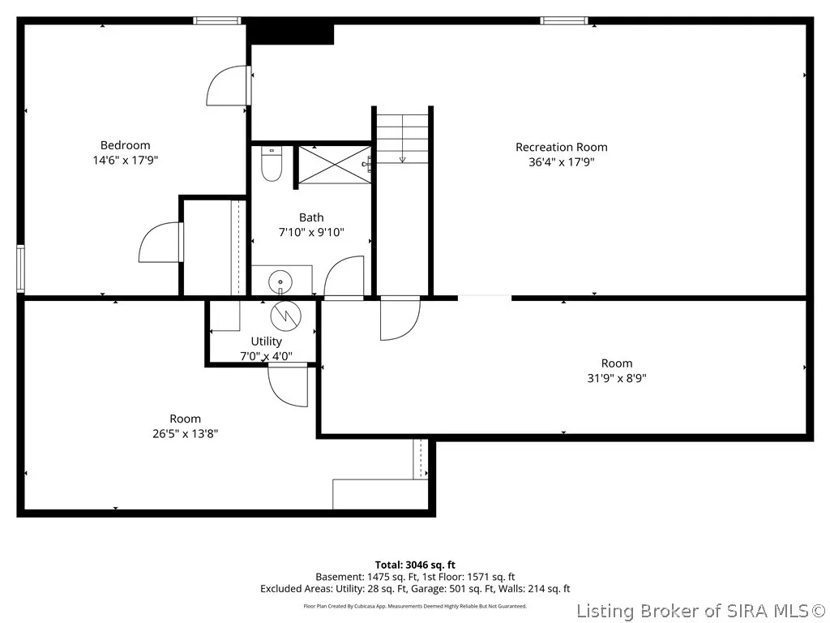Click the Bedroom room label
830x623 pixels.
coord(126,145)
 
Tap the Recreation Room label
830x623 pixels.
coord(562,148)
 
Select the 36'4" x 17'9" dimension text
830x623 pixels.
coord(562,162)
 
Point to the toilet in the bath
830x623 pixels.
coord(272,164)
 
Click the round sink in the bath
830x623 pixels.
coord(280,281)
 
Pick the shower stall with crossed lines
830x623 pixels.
coord(335,165)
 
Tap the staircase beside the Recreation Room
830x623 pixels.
coord(402,137)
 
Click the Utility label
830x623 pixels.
coord(266,342)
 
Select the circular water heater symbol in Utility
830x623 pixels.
coord(286,316)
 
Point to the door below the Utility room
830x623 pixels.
coord(288,385)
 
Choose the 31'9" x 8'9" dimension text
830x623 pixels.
coord(617,378)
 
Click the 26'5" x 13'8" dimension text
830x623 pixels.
coord(186,434)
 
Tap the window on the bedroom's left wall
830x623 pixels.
coord(20,269)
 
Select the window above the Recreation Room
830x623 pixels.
coord(564,20)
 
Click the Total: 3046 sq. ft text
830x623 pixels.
coord(415,565)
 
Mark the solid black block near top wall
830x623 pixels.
coord(292,32)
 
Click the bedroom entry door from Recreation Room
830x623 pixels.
coord(229,85)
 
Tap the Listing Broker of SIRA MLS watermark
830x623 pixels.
coord(701,611)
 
